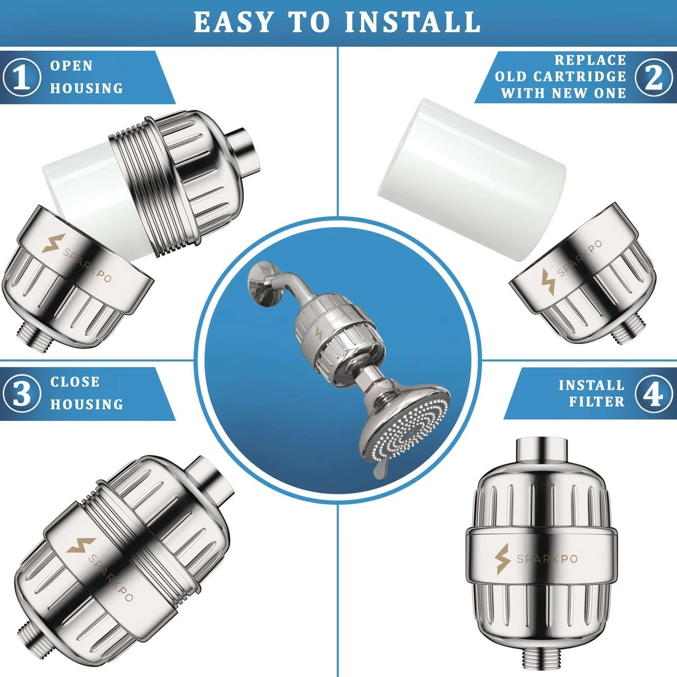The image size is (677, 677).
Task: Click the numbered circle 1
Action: pyautogui.click(x=22, y=77)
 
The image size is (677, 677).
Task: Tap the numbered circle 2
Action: pyautogui.click(x=654, y=77)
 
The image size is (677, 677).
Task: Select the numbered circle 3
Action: pyautogui.click(x=22, y=393)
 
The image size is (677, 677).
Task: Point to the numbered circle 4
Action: pyautogui.click(x=654, y=394)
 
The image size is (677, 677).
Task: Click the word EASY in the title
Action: pyautogui.click(x=234, y=22)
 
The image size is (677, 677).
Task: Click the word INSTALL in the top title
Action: pyautogui.click(x=412, y=22)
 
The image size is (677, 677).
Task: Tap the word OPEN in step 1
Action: pyautogui.click(x=71, y=65)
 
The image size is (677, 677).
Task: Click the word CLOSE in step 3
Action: pyautogui.click(x=75, y=382)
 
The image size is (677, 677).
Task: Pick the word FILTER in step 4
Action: pyautogui.click(x=597, y=402)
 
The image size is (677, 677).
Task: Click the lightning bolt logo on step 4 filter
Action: pyautogui.click(x=503, y=559)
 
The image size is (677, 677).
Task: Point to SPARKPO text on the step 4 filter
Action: pyautogui.click(x=547, y=559)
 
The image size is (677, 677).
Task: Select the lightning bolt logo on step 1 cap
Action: pyautogui.click(x=53, y=243)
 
